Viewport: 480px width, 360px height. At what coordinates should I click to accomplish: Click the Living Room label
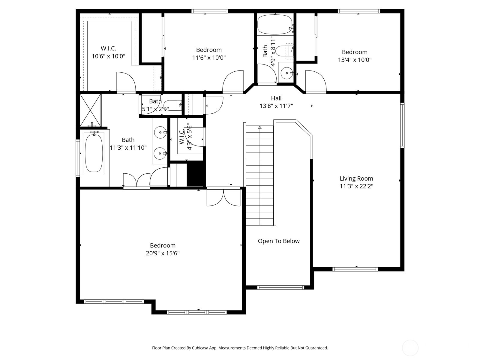point(356,178)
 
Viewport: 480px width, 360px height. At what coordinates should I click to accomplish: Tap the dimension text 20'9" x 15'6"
point(163,253)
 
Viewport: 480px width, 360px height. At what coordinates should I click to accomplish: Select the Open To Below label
point(279,241)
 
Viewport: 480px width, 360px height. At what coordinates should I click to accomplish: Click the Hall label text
point(276,98)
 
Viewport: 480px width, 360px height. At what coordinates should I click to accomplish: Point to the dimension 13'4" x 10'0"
point(355,60)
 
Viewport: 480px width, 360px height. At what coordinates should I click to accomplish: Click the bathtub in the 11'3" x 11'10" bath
point(94,153)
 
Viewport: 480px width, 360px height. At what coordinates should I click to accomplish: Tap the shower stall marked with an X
point(90,110)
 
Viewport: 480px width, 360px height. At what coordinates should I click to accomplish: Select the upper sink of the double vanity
point(160,132)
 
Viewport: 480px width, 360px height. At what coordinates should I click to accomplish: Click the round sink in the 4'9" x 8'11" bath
point(286,73)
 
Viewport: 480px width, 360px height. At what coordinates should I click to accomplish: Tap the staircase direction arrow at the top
point(260,127)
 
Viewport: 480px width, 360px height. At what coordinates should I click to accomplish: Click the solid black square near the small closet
point(196,174)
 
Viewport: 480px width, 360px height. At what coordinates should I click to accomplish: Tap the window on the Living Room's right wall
point(402,125)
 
